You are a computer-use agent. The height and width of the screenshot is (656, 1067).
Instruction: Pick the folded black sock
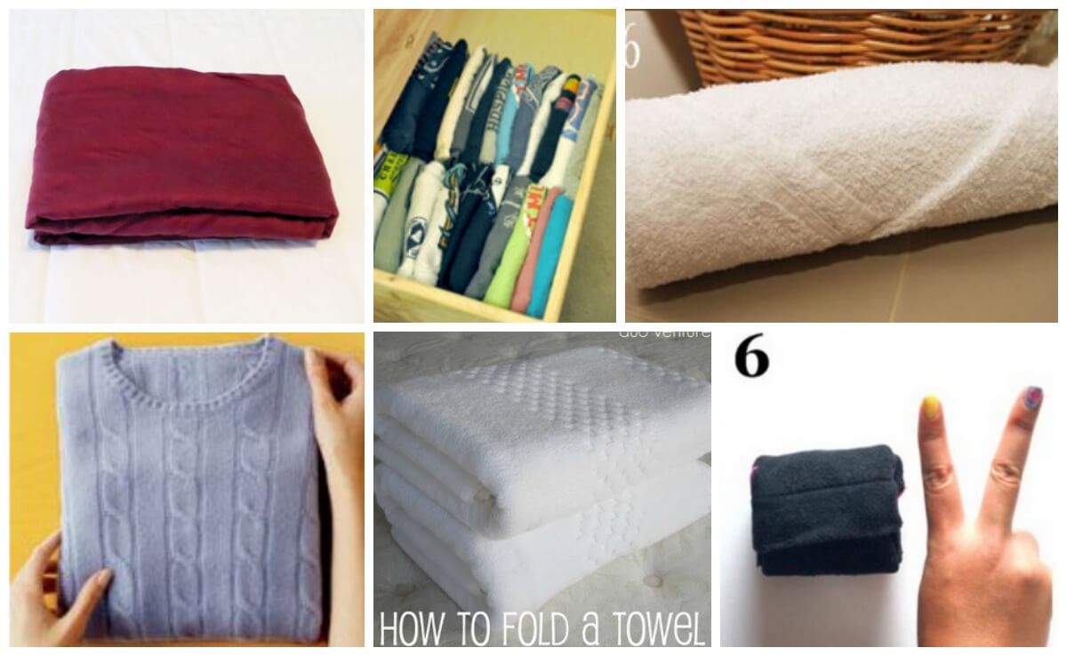click(x=822, y=507)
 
